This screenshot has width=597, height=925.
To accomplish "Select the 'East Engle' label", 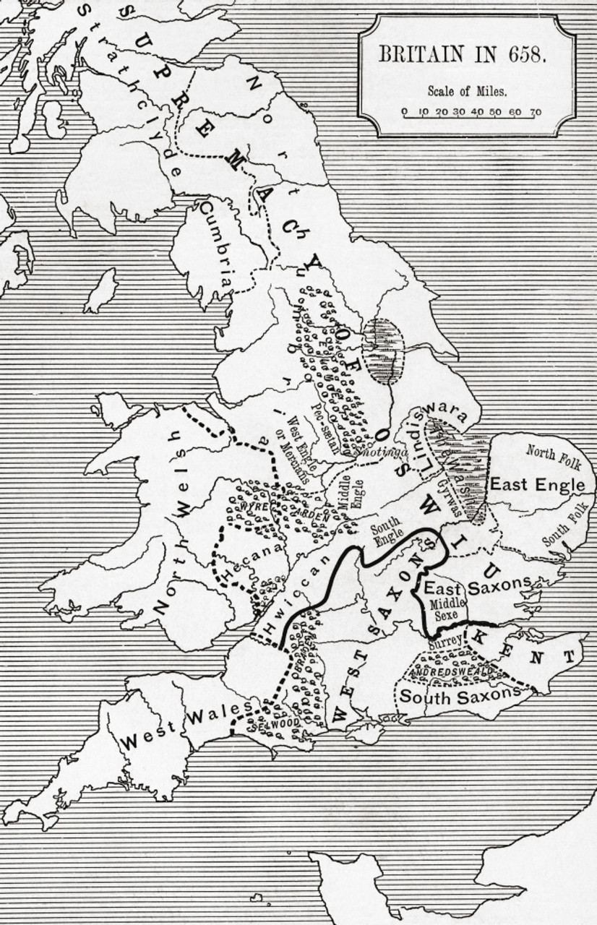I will [x=537, y=485].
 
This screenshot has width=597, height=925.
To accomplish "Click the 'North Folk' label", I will [x=552, y=455].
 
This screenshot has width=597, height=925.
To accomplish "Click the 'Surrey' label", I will [x=444, y=640].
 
